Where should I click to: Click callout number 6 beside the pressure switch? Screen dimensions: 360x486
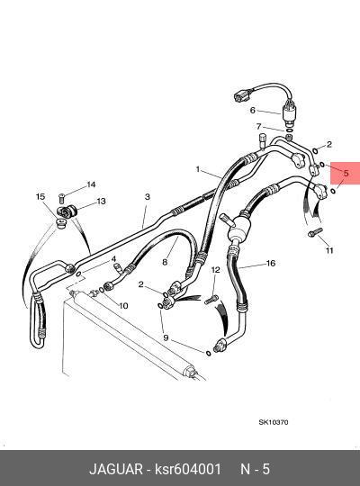[252, 110]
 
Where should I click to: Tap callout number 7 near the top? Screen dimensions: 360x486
[259, 126]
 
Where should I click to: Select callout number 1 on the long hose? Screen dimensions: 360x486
[198, 169]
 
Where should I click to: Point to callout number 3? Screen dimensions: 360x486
[148, 196]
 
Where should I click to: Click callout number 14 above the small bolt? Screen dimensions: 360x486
[91, 184]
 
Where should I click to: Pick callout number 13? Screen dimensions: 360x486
[101, 202]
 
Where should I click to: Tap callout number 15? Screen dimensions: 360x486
[40, 196]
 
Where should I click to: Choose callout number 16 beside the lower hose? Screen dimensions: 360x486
[271, 263]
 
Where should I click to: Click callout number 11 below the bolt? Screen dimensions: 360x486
[329, 250]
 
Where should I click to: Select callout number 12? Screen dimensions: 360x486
[215, 270]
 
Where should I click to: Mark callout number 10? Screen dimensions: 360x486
[123, 306]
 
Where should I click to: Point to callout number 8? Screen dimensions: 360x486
[165, 262]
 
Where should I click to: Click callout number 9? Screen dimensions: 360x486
[166, 337]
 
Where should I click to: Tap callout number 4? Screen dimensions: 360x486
[113, 259]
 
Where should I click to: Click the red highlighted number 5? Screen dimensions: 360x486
[346, 173]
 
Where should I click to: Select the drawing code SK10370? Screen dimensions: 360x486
[274, 422]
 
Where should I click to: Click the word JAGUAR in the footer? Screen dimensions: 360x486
[116, 469]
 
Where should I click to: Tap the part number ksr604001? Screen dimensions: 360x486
[188, 469]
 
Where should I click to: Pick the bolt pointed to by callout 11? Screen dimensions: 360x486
[315, 232]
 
